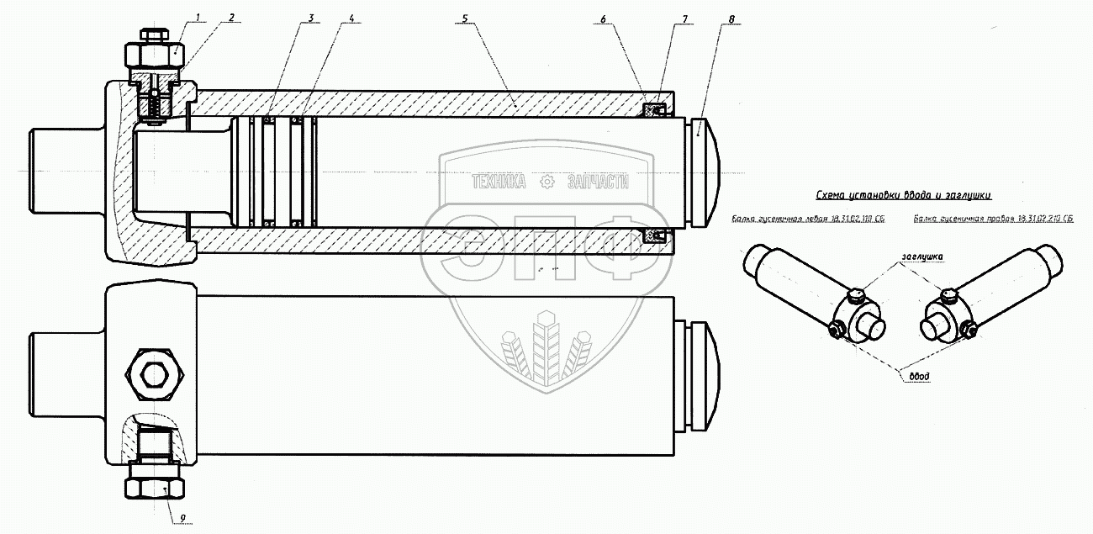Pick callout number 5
coord(463,16)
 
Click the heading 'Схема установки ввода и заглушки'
coord(903,195)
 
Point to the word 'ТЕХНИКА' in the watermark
coord(499,182)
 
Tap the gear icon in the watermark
coord(547,182)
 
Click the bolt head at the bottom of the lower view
coord(156,487)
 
